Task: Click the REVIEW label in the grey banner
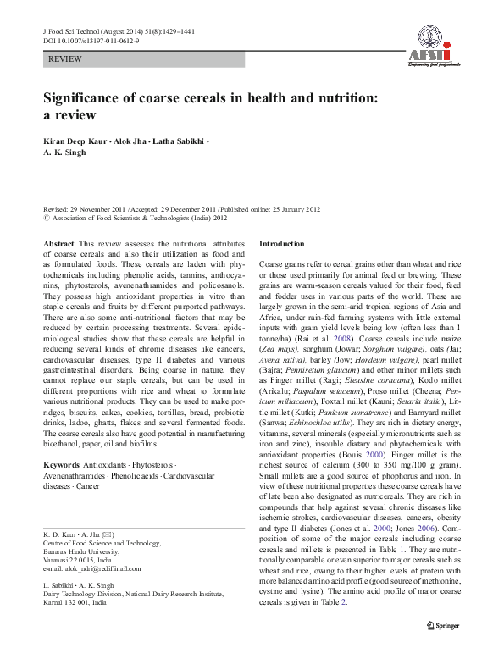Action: click(67, 63)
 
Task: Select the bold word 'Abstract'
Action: click(58, 243)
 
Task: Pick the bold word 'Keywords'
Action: click(62, 490)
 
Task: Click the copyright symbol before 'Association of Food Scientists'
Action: click(46, 216)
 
